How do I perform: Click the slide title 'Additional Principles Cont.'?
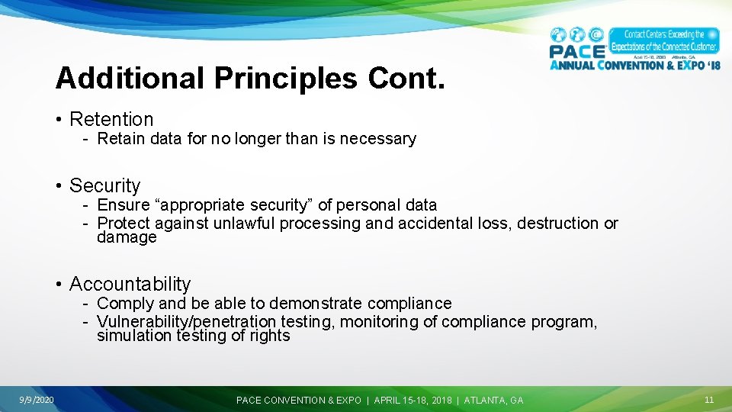click(x=249, y=78)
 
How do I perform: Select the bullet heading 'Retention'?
click(x=111, y=119)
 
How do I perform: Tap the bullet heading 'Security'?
click(x=105, y=185)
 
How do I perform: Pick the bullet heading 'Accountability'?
click(x=130, y=284)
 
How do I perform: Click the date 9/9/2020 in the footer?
click(x=37, y=400)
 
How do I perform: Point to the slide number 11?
click(x=709, y=400)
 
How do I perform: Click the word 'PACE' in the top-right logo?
click(x=577, y=51)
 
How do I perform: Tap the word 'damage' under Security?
click(x=127, y=237)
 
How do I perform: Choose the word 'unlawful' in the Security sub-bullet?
click(x=244, y=224)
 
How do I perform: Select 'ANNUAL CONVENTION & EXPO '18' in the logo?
click(x=634, y=65)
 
